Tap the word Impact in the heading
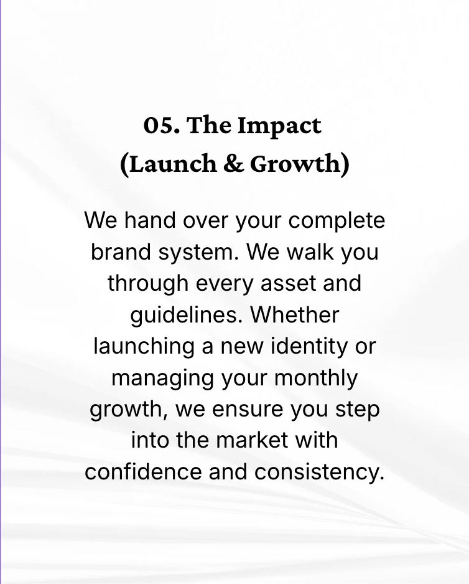(x=280, y=126)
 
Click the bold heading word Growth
(x=296, y=164)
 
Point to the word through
(x=148, y=284)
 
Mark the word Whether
(x=295, y=315)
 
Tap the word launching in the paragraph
(x=144, y=347)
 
